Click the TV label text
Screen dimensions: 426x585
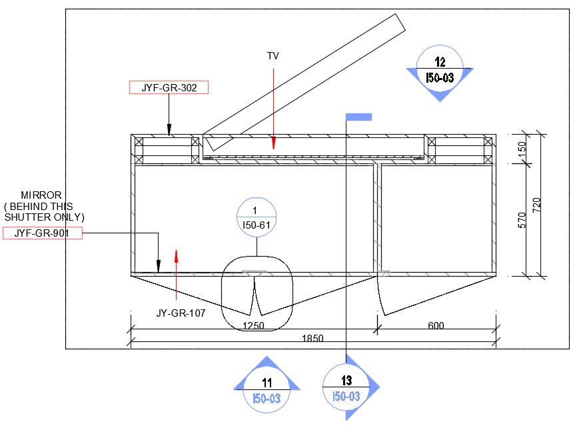coord(273,56)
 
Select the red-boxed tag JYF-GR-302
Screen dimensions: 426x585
coord(169,87)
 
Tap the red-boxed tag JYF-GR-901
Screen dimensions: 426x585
coord(43,233)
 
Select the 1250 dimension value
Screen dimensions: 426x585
coord(253,326)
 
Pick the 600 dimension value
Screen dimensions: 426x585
coord(436,326)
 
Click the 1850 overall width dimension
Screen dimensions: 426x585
coord(312,338)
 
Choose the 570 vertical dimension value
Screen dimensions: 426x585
coord(522,220)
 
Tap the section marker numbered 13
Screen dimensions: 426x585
coord(346,388)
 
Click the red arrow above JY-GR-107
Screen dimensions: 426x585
coord(176,267)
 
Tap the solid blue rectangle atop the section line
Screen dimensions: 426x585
coord(358,117)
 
